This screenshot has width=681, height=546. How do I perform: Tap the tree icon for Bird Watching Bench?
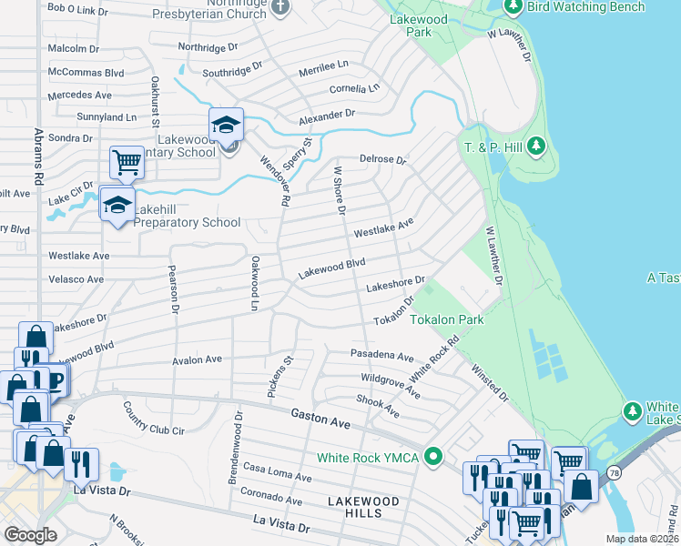[513, 7]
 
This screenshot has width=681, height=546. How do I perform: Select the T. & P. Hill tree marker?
[536, 146]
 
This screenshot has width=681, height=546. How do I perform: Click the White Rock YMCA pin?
[435, 457]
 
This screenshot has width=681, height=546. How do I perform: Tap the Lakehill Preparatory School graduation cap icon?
[117, 203]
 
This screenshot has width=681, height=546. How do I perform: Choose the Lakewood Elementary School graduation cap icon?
[226, 124]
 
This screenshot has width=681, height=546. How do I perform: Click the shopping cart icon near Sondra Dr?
[127, 162]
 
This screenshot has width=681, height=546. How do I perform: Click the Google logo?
[31, 535]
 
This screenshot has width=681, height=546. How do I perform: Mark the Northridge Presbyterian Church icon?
[280, 7]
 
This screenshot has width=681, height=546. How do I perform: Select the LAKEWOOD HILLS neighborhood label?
[363, 507]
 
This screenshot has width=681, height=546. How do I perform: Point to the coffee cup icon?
[53, 379]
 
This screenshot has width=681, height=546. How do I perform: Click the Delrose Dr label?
[382, 159]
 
